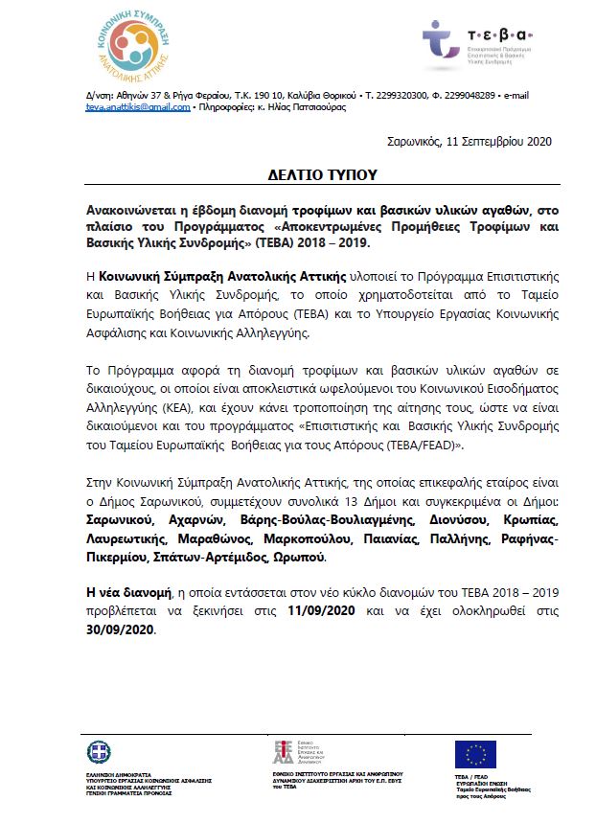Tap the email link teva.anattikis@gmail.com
point(135,107)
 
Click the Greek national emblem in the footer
point(99,753)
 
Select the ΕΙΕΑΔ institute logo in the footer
point(284,753)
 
